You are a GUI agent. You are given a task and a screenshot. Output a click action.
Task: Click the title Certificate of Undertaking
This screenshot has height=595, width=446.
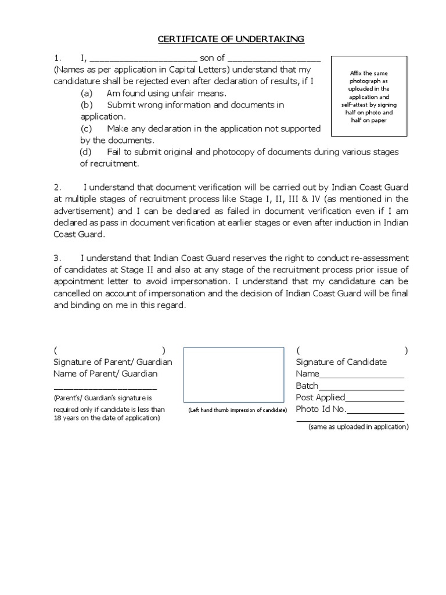point(231,39)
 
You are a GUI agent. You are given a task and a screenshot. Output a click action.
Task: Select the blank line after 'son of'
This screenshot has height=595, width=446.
point(274,59)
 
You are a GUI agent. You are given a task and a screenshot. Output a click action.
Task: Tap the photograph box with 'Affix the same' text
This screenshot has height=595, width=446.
point(368,96)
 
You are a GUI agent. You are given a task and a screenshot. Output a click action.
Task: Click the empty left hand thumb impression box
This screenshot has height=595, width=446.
point(234,375)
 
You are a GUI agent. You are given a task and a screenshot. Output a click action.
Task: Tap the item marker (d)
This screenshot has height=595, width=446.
point(85,152)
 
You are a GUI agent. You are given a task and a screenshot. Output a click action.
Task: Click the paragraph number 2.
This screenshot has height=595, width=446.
point(57,188)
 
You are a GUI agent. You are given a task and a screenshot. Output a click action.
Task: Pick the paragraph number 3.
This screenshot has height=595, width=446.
point(57,258)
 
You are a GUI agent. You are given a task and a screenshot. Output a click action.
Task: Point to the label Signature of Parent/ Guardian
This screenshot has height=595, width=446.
point(113,362)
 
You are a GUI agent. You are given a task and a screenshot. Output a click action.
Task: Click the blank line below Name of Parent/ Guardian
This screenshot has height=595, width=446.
point(105,388)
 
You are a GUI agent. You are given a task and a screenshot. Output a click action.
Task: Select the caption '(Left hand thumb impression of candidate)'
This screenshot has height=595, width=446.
point(238,410)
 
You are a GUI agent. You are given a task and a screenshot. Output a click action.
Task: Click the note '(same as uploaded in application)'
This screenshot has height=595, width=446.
point(358,427)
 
